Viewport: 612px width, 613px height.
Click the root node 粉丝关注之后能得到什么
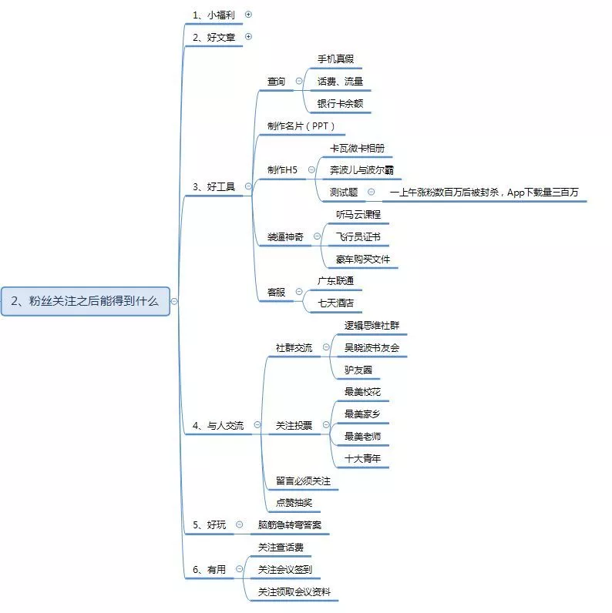85,301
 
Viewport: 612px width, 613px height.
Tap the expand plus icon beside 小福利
248,14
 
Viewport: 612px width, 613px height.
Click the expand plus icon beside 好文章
248,36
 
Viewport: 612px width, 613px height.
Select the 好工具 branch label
214,186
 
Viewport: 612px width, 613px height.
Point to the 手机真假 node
335,59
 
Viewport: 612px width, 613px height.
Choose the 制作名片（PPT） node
301,126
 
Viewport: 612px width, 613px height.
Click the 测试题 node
343,192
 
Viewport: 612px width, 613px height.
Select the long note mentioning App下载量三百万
484,192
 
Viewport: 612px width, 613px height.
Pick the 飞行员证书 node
358,236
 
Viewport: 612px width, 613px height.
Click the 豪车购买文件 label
362,259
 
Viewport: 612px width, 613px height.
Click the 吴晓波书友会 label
372,347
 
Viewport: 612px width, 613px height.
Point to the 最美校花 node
362,392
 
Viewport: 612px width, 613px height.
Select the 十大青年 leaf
362,458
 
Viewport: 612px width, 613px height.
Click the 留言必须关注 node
303,481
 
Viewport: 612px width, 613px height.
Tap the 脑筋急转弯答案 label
290,525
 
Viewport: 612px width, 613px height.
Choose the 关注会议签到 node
285,569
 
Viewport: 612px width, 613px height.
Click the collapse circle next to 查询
298,81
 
